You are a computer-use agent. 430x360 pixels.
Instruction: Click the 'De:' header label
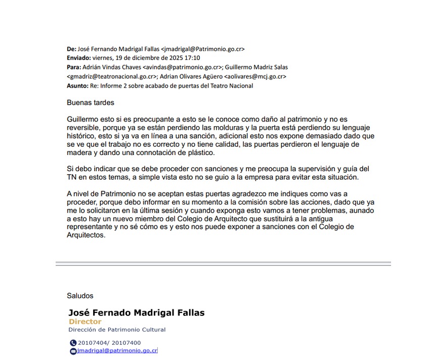tap(71, 49)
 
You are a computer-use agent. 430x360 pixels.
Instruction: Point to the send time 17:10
tap(192, 58)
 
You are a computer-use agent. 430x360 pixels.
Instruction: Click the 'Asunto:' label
tap(77, 86)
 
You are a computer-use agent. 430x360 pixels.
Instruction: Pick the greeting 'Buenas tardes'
tap(91, 103)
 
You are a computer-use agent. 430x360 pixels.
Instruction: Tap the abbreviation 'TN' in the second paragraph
tap(72, 177)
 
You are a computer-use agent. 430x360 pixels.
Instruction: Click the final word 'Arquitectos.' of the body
tap(86, 235)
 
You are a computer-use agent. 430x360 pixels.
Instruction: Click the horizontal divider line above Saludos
tap(223, 263)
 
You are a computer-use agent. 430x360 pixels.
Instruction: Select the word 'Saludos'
tap(80, 296)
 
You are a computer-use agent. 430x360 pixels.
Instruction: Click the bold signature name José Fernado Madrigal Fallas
tap(137, 312)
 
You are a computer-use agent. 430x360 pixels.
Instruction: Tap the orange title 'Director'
tap(85, 322)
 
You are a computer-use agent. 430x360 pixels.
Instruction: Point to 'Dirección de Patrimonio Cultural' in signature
tap(117, 330)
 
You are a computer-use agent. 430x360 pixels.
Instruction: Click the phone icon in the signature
tap(73, 343)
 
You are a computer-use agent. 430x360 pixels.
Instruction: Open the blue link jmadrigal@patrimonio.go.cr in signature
tap(117, 350)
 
